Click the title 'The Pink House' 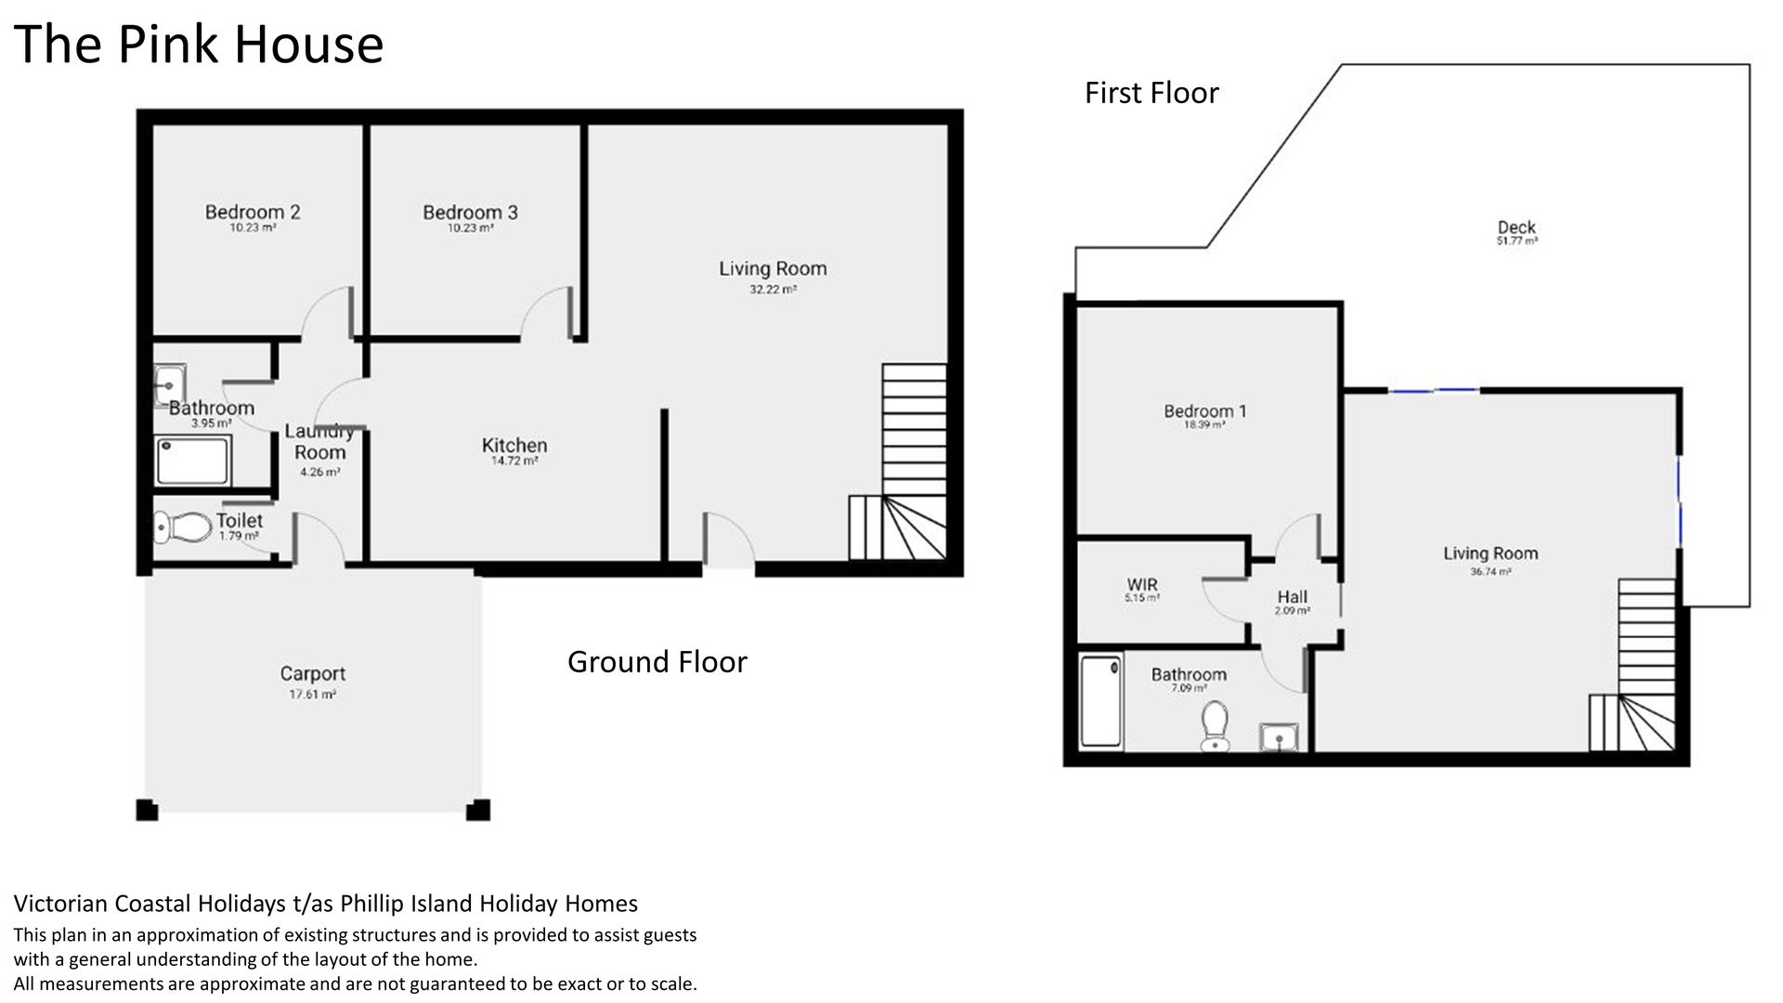coord(199,44)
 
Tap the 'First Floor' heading coord(1152,93)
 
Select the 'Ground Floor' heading coord(657,662)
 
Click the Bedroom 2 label coord(253,212)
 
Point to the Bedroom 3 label coord(470,212)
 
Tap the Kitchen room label coord(514,445)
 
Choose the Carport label coord(313,674)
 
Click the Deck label coord(1516,227)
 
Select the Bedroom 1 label coord(1205,410)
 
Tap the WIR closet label coord(1142,585)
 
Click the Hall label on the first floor coord(1293,597)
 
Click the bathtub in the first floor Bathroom coord(1101,701)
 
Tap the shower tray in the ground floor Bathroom coord(193,460)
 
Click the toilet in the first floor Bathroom coord(1215,725)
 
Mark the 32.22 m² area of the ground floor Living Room coord(773,290)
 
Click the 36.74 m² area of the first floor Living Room coord(1490,572)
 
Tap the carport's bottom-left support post coord(147,810)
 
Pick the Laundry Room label coord(319,442)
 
